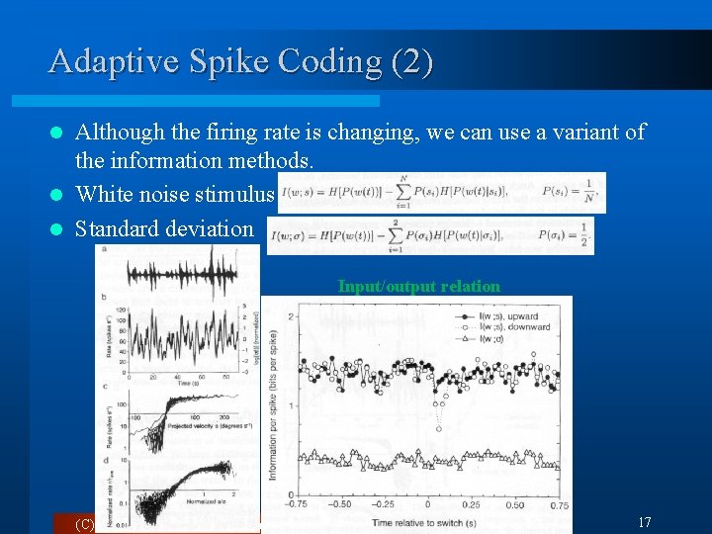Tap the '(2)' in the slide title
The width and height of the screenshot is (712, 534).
click(412, 62)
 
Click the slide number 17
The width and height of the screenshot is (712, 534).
click(644, 522)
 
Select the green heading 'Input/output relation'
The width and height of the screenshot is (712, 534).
click(418, 286)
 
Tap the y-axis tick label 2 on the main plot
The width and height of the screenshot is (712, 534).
click(290, 316)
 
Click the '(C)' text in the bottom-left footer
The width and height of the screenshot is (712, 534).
click(85, 524)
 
